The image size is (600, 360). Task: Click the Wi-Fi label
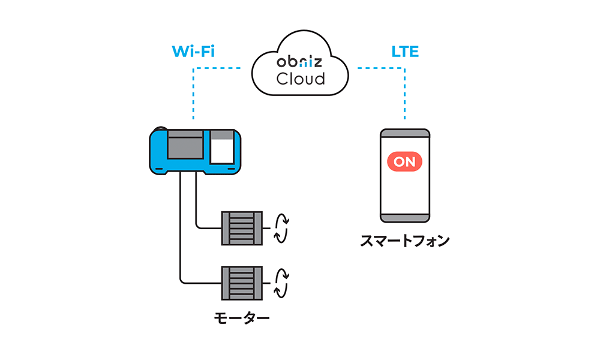193,52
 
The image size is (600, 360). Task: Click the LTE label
405,52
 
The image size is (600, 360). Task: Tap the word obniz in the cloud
300,62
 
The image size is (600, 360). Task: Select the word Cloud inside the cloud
300,79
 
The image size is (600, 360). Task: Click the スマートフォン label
405,241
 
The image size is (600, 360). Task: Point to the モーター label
242,317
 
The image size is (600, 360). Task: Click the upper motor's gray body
242,228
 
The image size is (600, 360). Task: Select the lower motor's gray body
242,282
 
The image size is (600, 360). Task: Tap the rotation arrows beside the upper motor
280,228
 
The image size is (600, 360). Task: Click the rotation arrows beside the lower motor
280,282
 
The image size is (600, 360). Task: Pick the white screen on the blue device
222,151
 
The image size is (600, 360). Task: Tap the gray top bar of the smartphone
405,134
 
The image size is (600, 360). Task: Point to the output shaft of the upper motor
266,228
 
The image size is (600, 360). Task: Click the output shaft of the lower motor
266,282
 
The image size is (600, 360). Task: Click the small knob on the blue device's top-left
158,130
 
